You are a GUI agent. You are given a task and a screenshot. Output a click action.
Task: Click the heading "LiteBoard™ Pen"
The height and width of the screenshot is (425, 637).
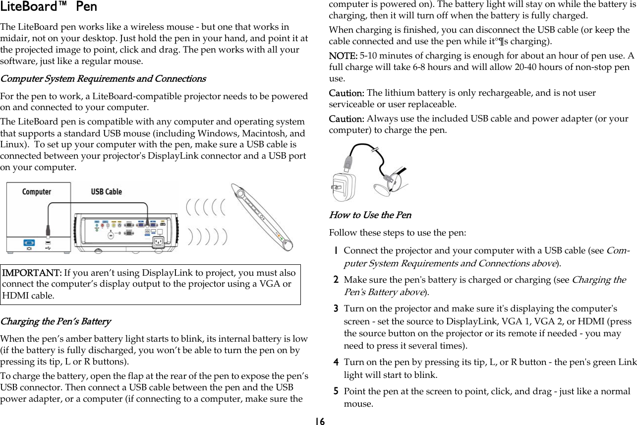coord(49,7)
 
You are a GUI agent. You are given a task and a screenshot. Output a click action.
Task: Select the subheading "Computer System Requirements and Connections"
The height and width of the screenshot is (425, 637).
coord(103,79)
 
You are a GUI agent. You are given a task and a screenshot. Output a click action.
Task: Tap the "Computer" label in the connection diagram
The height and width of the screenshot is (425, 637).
coord(37,191)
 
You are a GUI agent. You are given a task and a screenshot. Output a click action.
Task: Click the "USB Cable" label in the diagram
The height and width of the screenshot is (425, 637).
coord(106,191)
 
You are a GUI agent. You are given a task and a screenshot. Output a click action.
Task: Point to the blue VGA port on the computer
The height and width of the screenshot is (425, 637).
coord(29,243)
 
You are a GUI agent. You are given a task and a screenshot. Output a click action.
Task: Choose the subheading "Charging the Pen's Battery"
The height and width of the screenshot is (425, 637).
coord(56,321)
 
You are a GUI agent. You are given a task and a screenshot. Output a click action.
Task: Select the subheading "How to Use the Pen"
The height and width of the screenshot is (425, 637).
coord(370,215)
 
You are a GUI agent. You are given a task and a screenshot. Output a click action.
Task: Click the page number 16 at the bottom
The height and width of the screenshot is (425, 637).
coord(319,421)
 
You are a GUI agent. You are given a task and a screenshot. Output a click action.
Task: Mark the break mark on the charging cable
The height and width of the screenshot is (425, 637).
coord(376,148)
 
